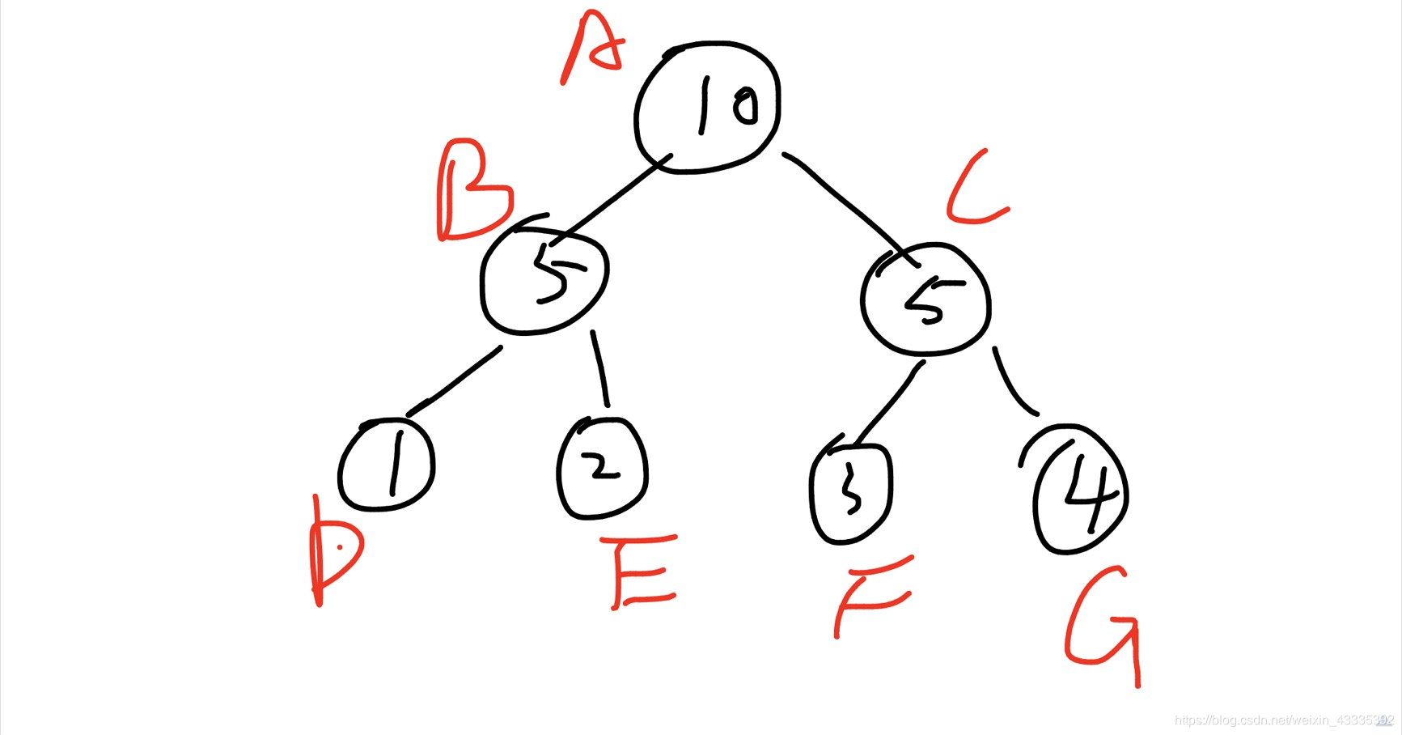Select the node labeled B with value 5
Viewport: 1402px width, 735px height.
544,277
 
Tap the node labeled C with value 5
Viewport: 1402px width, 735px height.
925,300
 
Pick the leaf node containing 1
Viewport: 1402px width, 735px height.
388,465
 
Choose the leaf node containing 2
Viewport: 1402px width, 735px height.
603,468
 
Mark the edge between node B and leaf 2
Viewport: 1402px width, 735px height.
600,368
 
